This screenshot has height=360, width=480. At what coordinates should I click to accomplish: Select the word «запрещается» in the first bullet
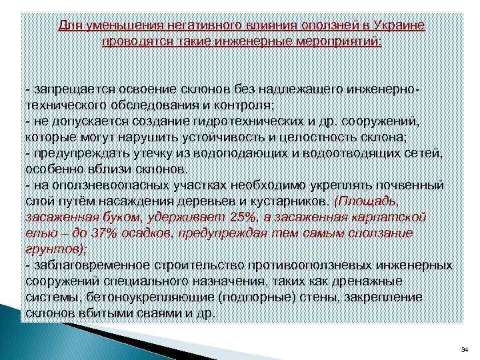[x=65, y=89]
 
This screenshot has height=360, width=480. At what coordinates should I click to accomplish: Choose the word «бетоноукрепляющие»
[x=145, y=297]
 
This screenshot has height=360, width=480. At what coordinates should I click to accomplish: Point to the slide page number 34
[x=465, y=350]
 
